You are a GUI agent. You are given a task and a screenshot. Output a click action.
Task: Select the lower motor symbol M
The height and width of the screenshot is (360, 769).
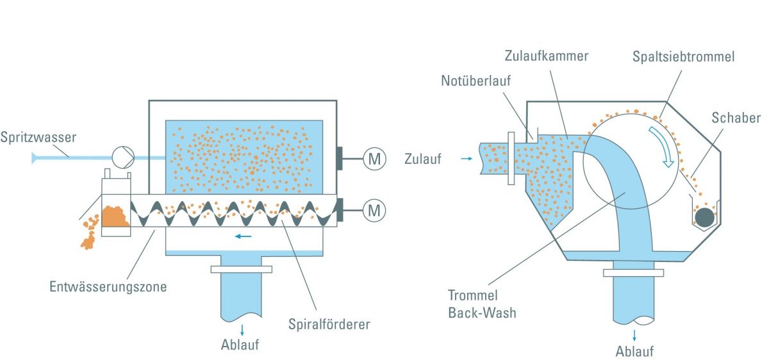(x=374, y=208)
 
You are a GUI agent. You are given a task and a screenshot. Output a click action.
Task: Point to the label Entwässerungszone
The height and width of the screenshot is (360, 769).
(x=108, y=286)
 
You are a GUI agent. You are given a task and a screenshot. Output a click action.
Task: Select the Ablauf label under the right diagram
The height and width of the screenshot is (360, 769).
(x=634, y=351)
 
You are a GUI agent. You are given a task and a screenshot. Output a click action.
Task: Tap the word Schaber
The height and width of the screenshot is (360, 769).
(x=736, y=118)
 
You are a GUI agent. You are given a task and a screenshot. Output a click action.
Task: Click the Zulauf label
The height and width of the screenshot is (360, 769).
(x=422, y=160)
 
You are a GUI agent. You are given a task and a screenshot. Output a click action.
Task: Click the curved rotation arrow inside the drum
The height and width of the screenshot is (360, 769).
(x=664, y=145)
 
